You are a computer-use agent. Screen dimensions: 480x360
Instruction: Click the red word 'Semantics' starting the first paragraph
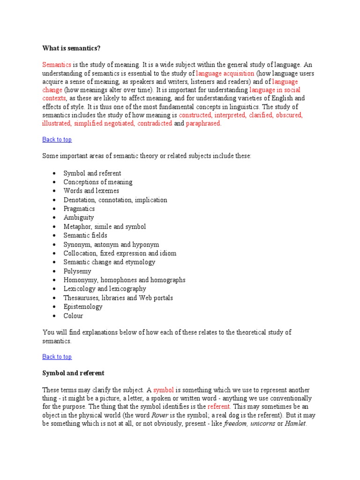(57, 65)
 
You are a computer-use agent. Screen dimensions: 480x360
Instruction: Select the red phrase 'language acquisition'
(225, 73)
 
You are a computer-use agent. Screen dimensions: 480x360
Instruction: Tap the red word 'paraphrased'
(203, 124)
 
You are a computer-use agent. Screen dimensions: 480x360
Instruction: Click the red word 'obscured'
(289, 115)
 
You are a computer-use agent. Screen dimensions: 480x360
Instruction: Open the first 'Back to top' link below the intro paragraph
(57, 139)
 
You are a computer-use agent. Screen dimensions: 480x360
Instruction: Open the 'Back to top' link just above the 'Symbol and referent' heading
(57, 357)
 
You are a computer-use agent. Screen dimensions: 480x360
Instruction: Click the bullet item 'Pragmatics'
(79, 209)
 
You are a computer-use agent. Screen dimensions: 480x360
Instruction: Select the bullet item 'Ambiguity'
(79, 217)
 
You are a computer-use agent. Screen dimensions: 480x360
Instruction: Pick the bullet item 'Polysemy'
(77, 271)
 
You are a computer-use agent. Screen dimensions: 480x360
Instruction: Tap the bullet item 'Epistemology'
(83, 307)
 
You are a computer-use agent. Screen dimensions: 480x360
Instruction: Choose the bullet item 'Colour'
(73, 315)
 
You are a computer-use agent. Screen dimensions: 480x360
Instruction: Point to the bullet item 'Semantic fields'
(85, 235)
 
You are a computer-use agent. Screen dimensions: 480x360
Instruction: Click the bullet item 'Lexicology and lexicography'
(105, 289)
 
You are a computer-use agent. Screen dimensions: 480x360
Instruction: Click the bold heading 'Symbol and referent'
(73, 373)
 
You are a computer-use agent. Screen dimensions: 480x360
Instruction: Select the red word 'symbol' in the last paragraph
(164, 390)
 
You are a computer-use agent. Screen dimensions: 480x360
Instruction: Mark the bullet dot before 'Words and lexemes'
(54, 191)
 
